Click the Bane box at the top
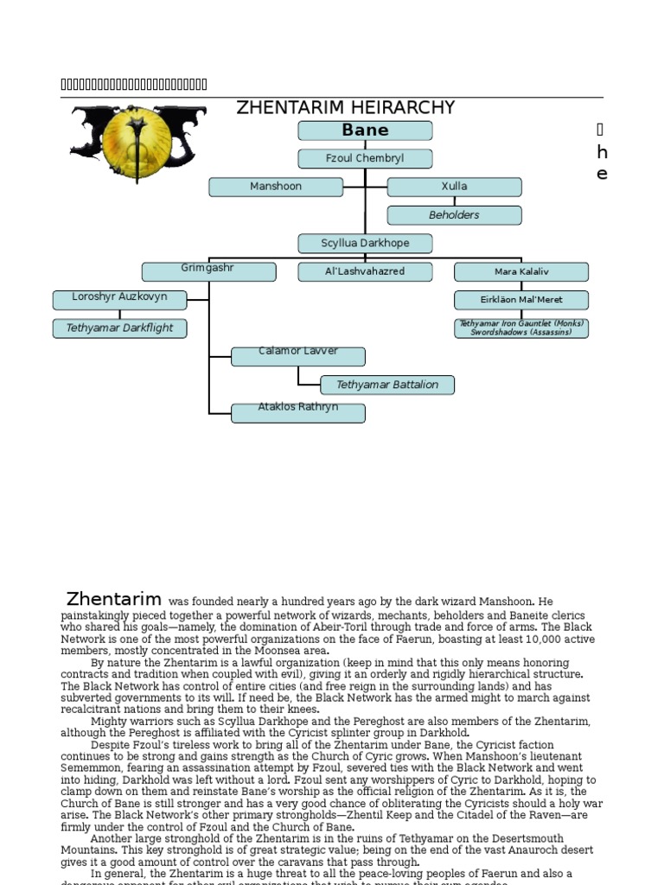click(365, 131)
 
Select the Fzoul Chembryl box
click(365, 159)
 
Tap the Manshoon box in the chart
click(276, 187)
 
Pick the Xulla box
click(454, 187)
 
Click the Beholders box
click(454, 215)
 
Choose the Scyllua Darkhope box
click(365, 244)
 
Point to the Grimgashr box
click(208, 271)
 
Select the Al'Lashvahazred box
click(365, 271)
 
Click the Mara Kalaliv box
click(521, 271)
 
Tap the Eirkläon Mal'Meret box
click(521, 300)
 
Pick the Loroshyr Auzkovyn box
click(119, 300)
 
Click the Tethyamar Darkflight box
click(119, 328)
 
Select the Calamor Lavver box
click(298, 356)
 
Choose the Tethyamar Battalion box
click(387, 385)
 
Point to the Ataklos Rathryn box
click(298, 412)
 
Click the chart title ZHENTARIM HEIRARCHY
click(346, 108)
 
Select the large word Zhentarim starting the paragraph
click(114, 600)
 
